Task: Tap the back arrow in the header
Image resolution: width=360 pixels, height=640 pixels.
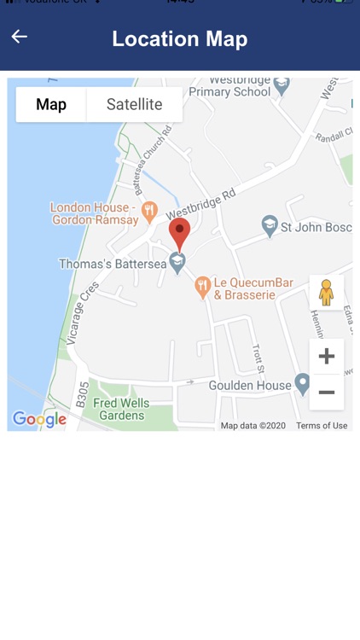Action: pos(19,36)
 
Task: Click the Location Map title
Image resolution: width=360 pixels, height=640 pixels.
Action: pos(180,38)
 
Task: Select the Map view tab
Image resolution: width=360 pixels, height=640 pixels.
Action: pos(51,105)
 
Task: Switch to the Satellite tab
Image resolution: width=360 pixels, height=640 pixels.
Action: pos(134,105)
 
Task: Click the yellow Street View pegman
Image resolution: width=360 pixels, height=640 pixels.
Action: pos(326,292)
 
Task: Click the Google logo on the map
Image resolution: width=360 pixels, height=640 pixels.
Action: pos(39,419)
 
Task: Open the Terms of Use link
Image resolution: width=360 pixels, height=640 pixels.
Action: pos(322,425)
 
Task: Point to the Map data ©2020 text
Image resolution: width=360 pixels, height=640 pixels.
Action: pos(253,425)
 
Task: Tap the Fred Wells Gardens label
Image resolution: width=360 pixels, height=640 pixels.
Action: pos(121,409)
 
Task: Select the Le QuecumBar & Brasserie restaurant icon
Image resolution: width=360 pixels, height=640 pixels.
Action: pos(202,286)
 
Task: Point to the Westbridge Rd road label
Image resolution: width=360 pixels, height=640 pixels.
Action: pos(200,205)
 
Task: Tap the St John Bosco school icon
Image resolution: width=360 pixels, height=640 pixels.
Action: pos(270,224)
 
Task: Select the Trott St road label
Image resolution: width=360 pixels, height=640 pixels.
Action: pos(258,358)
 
